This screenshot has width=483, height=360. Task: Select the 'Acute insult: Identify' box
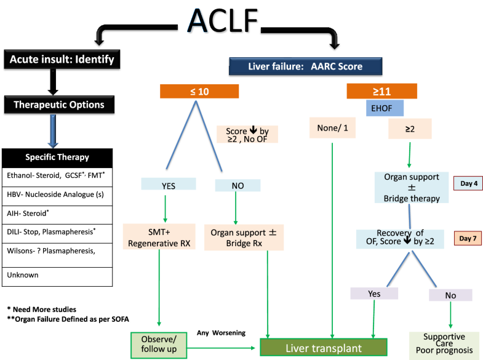[62, 60]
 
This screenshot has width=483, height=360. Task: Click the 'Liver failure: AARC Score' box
[306, 66]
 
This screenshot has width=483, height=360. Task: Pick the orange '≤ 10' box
[199, 90]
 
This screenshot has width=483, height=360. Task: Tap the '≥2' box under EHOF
[410, 129]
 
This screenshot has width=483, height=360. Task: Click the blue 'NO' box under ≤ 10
[236, 183]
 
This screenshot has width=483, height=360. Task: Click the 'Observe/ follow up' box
[159, 345]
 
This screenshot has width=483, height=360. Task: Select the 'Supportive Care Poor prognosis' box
[444, 343]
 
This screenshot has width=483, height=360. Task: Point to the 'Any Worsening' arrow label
[222, 333]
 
